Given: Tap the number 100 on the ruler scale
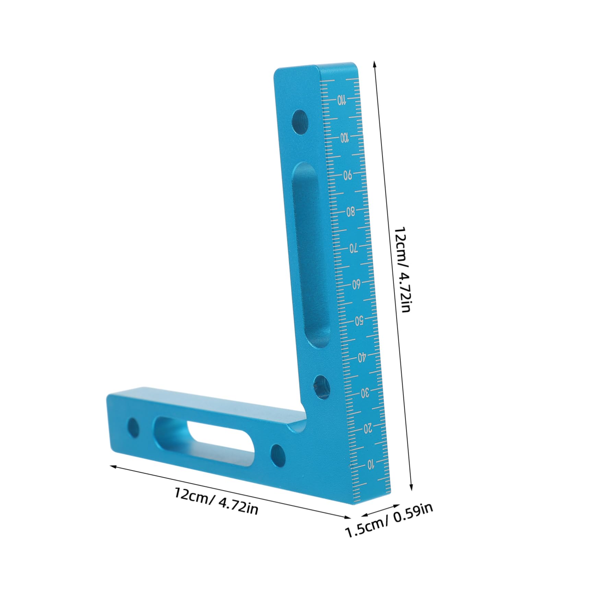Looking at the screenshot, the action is click(344, 138).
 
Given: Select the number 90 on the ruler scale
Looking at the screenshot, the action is click(347, 175).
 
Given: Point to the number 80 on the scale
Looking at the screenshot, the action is click(350, 212).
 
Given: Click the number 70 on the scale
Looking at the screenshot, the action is click(354, 248).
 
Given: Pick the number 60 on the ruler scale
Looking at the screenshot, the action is click(356, 285).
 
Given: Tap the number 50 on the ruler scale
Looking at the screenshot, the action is click(359, 321).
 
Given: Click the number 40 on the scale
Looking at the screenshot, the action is click(362, 358).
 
